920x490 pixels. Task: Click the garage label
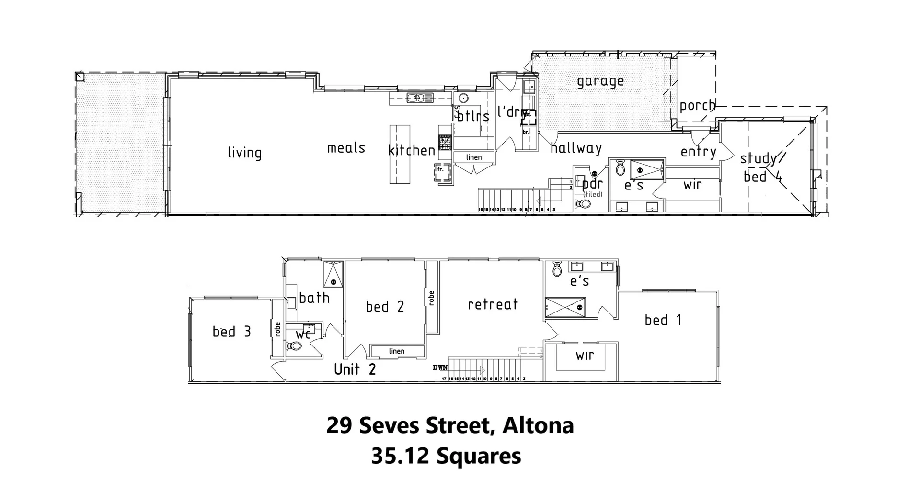[600, 81]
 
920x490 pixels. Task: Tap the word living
[244, 153]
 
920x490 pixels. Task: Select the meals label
[346, 148]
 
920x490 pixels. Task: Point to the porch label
[697, 106]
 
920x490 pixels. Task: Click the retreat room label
[493, 304]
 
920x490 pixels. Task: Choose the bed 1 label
[663, 320]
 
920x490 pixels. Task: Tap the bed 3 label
[231, 332]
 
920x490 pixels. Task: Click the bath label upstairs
[314, 298]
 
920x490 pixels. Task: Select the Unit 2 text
[355, 369]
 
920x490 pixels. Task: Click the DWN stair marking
[440, 367]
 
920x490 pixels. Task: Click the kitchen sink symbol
[419, 98]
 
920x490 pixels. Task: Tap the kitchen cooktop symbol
[445, 143]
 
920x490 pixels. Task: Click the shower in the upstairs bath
[333, 274]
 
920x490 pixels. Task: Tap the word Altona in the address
[538, 425]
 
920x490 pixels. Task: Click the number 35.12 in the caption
[400, 456]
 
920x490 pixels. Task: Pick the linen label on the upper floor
[396, 351]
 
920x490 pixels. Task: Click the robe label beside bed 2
[431, 299]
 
